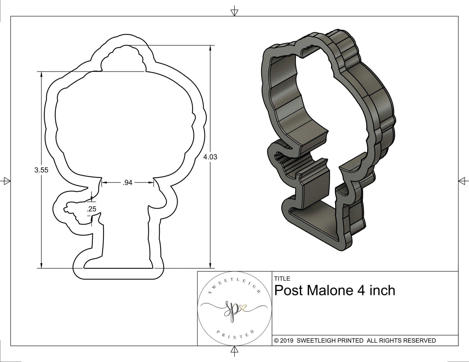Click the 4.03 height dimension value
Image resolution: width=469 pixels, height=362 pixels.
210,157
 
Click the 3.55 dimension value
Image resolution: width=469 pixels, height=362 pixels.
41,170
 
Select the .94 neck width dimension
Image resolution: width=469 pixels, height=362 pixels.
127,183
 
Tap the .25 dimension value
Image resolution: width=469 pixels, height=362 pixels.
92,209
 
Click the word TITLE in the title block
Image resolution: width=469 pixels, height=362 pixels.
282,279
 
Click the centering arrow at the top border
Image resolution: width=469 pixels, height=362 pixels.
234,12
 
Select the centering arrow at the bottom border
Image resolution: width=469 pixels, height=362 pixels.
234,350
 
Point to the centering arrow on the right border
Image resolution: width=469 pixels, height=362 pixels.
463,181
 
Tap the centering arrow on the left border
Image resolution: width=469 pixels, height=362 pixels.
6,181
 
